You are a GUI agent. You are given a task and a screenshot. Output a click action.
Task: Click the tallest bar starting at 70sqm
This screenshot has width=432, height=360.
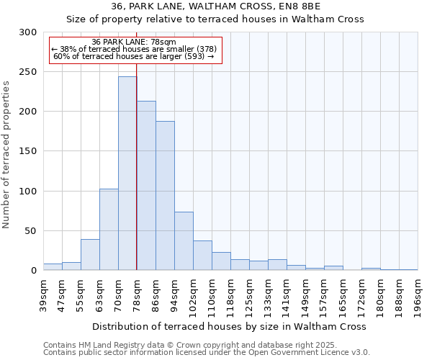click(127, 174)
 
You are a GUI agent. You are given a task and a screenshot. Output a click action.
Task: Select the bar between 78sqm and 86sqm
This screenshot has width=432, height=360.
click(146, 186)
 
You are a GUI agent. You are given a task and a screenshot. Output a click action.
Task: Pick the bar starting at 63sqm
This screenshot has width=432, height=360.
click(109, 230)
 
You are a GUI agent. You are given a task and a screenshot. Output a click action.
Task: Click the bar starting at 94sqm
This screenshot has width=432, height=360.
click(184, 241)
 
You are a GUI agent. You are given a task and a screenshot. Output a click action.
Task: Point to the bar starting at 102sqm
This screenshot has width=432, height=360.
click(202, 256)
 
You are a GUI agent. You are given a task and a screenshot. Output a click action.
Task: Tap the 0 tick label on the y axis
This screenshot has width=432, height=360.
click(33, 271)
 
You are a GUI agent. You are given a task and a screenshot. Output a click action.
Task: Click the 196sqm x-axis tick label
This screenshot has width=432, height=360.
click(418, 295)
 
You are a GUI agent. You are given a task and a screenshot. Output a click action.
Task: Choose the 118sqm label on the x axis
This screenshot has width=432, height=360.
click(230, 295)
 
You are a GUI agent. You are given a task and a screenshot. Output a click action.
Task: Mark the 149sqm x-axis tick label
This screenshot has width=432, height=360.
click(305, 295)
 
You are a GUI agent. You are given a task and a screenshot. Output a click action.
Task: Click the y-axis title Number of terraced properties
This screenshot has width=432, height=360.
click(7, 154)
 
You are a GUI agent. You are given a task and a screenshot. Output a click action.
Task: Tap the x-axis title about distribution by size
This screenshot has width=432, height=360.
click(230, 326)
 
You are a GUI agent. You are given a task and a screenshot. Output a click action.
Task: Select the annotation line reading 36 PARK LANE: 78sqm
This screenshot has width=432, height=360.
click(134, 42)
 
